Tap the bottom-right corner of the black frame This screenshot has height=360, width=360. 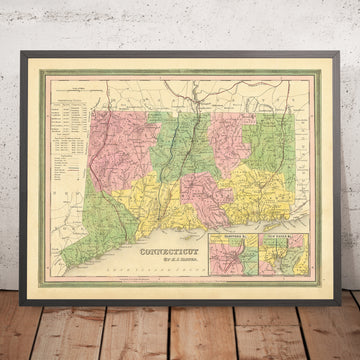pyautogui.click(x=339, y=283)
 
